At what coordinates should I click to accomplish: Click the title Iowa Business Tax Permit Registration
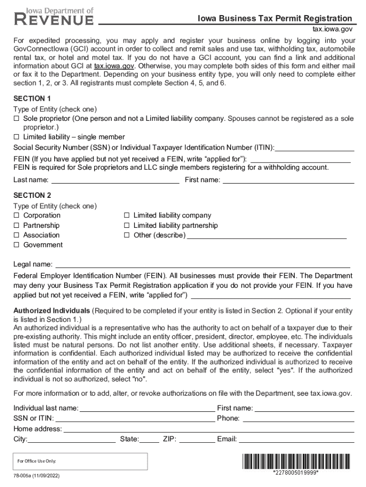(275, 19)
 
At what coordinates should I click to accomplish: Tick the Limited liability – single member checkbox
(16, 137)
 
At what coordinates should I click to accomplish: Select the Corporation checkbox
(16, 215)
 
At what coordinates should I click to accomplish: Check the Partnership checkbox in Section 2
(16, 225)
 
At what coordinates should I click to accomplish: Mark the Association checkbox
(16, 235)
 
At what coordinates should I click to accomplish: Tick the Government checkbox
(16, 245)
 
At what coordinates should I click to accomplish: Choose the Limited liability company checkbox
(126, 215)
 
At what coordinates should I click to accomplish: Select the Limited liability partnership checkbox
(126, 225)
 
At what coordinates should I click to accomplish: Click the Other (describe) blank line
(266, 235)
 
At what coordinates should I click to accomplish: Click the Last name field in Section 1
(115, 180)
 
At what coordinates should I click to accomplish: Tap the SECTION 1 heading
(32, 99)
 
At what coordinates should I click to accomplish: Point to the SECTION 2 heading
(32, 195)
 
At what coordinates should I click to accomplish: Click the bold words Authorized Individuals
(52, 311)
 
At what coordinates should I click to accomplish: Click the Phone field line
(299, 419)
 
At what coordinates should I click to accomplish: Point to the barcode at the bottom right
(296, 461)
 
